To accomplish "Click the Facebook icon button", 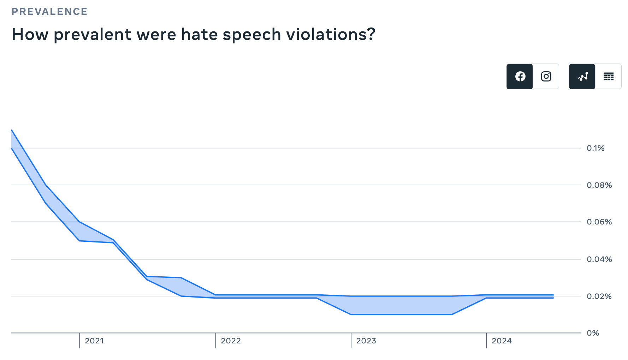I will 520,77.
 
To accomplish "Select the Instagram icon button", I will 546,77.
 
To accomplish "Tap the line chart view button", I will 582,77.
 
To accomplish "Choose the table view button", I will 608,77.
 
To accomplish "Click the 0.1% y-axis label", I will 596,148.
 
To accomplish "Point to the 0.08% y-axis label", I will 599,185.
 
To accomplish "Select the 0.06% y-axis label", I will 599,222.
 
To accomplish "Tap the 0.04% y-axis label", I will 599,259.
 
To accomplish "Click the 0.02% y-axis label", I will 599,296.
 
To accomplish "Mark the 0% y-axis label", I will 593,333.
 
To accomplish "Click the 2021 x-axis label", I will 94,341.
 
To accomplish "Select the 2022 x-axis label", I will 231,341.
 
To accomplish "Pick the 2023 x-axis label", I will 366,341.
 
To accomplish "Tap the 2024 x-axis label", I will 502,341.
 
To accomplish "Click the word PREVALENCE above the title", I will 49,12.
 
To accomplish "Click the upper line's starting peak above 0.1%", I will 12,130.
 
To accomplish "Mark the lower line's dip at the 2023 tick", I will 351,314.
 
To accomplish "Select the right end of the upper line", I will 553,295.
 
